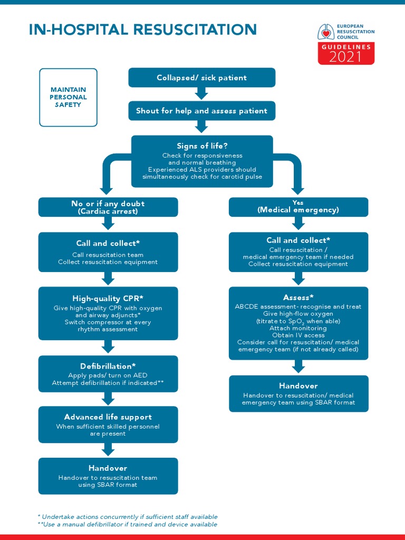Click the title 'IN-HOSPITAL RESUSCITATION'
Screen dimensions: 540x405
142,30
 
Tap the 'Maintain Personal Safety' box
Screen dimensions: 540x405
68,98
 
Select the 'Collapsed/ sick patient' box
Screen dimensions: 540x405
201,78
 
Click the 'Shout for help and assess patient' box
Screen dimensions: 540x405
201,111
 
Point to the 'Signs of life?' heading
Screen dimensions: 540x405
202,146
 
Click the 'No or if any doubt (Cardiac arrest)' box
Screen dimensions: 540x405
108,207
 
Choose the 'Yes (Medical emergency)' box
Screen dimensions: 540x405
298,207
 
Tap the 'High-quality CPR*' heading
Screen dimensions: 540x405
108,298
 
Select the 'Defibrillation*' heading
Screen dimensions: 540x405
108,365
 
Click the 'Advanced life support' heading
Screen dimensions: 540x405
108,417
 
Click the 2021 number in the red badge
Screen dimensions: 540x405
346,57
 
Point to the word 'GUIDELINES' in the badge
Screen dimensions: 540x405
346,47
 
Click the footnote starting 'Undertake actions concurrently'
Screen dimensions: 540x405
128,517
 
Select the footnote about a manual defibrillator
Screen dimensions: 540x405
128,525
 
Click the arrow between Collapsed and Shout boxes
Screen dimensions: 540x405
201,94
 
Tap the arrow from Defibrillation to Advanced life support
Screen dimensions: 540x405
108,399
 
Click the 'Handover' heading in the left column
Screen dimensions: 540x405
108,468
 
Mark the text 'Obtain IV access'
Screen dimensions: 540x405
298,335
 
